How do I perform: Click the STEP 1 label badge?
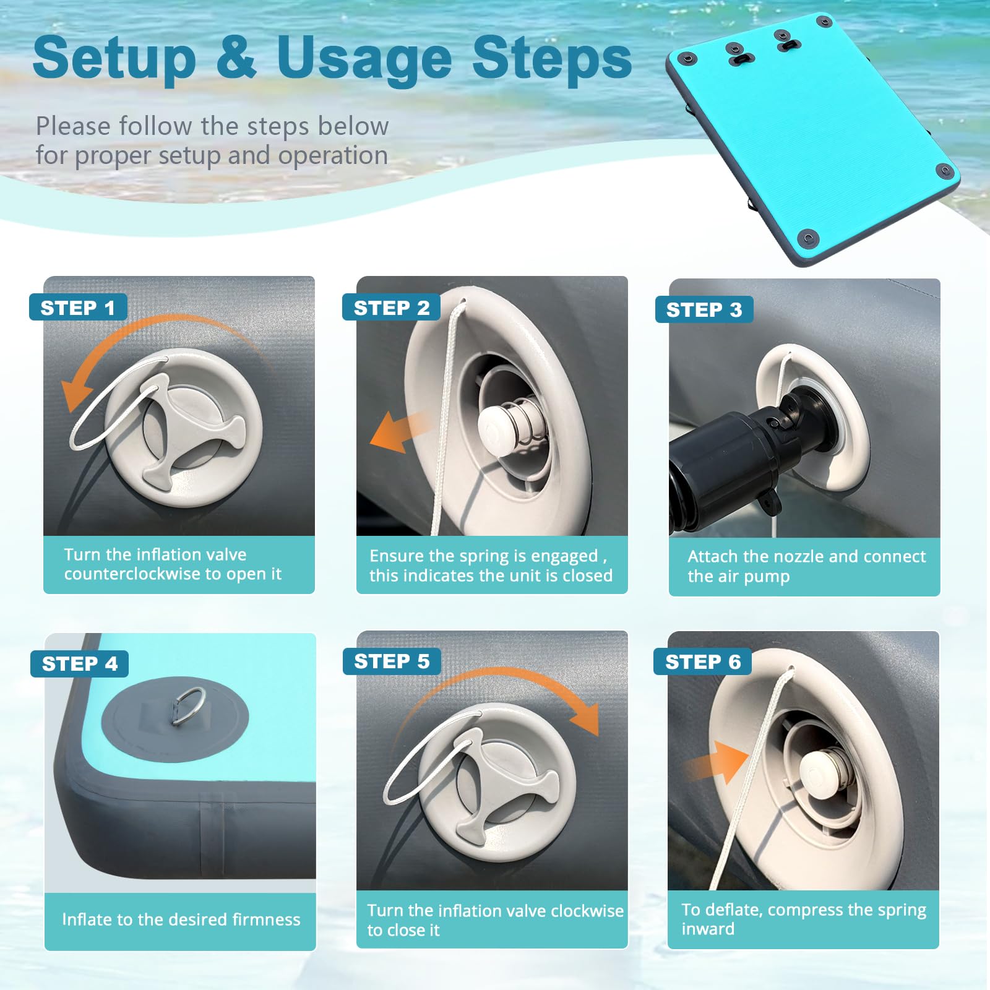[x=78, y=307]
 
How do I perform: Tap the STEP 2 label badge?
[x=391, y=307]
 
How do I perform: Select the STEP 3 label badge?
[x=704, y=309]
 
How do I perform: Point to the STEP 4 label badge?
[x=79, y=664]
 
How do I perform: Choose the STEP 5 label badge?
[x=392, y=661]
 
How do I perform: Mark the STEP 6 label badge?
[x=703, y=662]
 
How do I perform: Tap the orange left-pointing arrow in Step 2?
[x=401, y=431]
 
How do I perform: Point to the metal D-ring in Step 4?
[x=188, y=705]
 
